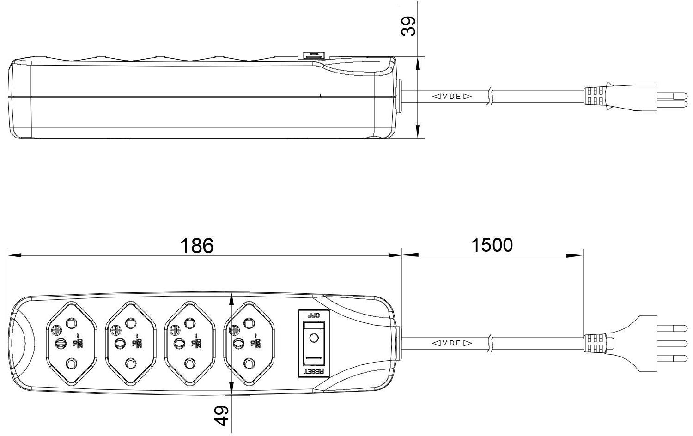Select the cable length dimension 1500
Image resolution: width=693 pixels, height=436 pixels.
coord(492,245)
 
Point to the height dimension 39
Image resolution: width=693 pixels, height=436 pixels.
coord(408,27)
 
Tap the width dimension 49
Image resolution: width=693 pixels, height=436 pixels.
coord(222,415)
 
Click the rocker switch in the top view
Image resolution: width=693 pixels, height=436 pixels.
coord(313,342)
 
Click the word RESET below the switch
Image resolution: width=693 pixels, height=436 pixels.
coord(314,371)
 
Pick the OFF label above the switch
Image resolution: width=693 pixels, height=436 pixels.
coord(314,315)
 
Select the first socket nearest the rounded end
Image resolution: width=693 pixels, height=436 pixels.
coord(72,343)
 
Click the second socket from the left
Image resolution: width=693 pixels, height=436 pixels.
coord(131,343)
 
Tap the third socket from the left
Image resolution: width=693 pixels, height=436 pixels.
coord(189,343)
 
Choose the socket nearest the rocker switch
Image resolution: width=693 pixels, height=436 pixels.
coord(249,343)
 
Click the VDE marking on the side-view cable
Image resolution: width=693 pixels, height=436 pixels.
coord(452,97)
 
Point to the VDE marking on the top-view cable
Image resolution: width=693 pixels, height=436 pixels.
coord(452,343)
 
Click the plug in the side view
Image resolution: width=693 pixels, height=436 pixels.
coord(619,97)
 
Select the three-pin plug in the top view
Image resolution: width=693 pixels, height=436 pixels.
coord(638,343)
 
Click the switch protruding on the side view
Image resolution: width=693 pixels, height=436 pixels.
coord(314,55)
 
